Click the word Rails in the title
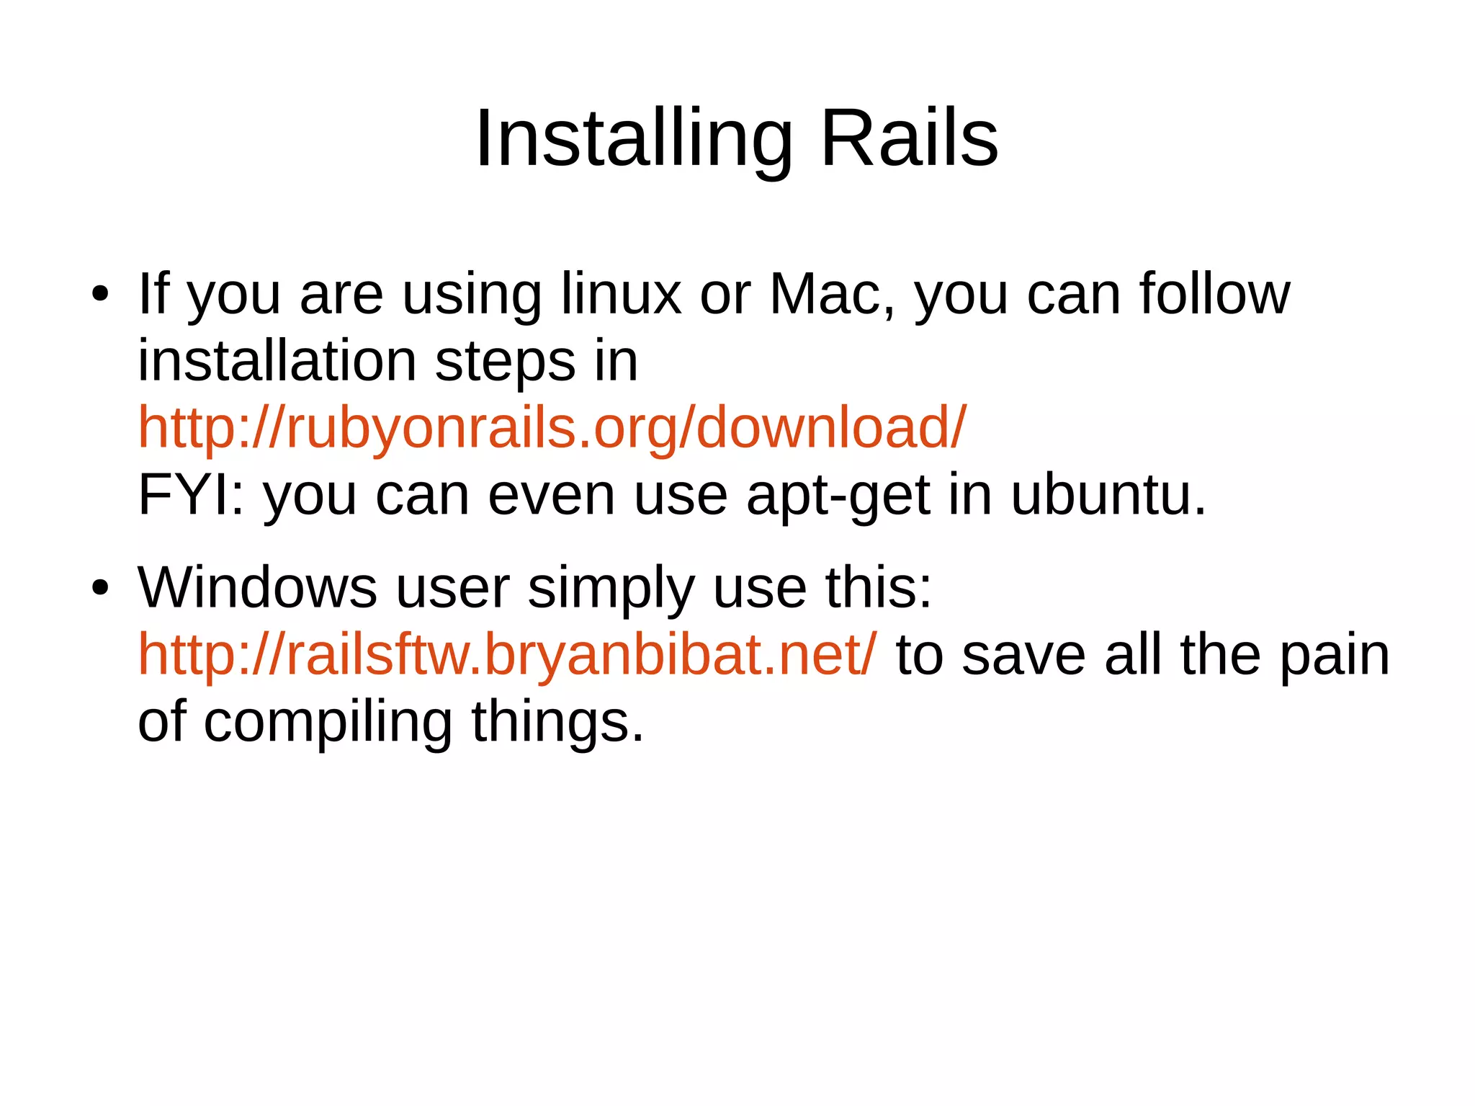[909, 138]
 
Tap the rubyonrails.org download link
[552, 428]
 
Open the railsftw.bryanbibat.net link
[507, 654]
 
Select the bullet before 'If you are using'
[100, 295]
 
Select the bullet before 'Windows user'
[100, 588]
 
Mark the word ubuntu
[1108, 495]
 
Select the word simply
[611, 589]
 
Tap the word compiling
[328, 723]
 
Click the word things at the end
[557, 723]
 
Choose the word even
[551, 495]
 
